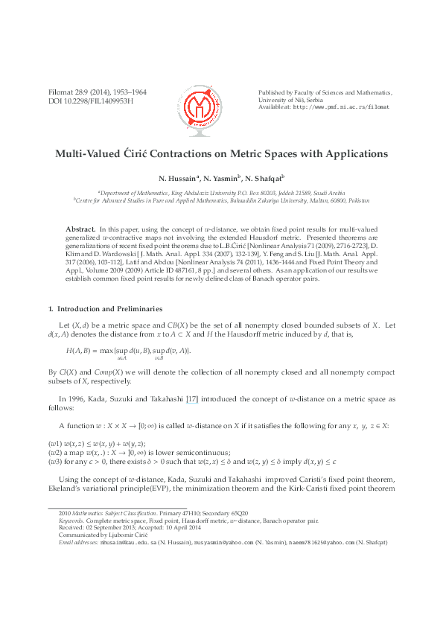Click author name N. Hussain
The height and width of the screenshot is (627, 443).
(x=176, y=179)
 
